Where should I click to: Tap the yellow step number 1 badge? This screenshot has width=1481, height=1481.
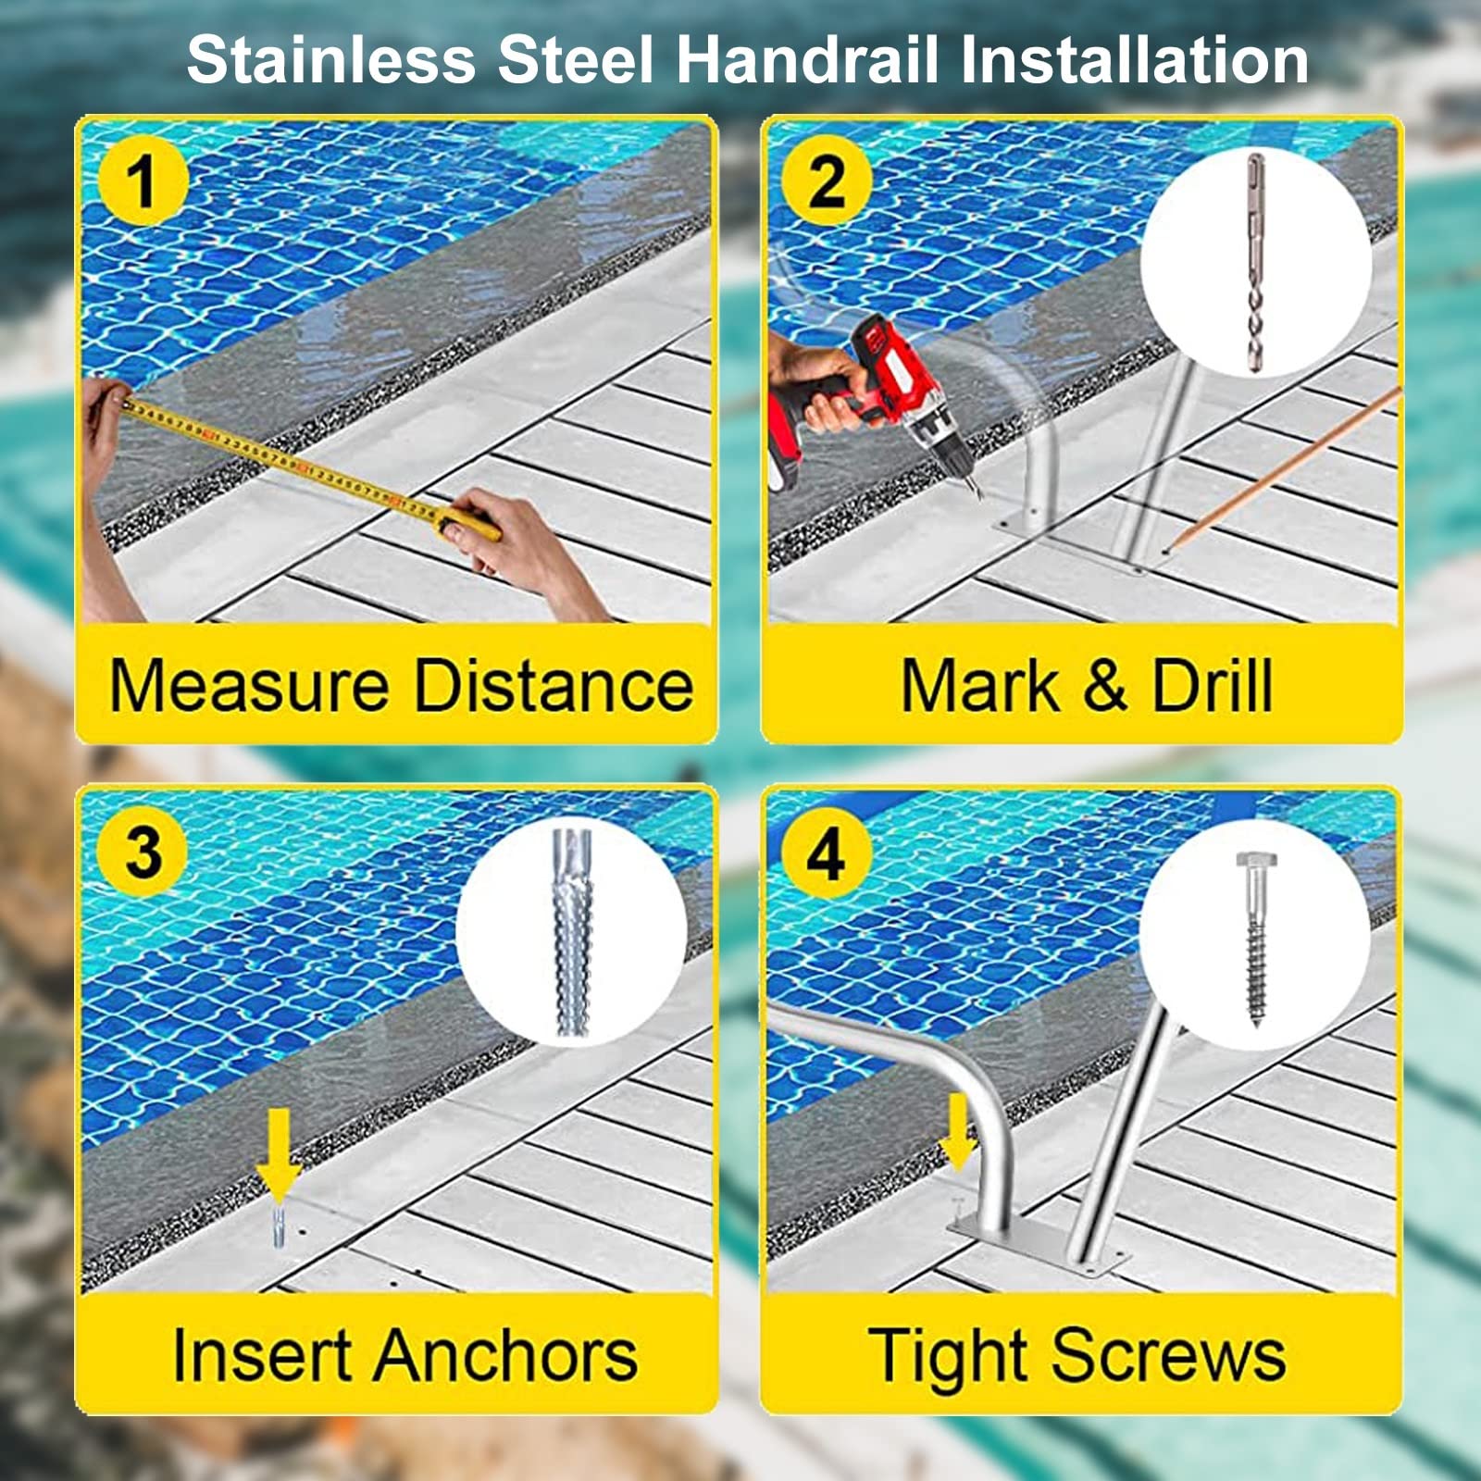point(143,180)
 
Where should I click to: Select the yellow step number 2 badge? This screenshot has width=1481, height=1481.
point(827,180)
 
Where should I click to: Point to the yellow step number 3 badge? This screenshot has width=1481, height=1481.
point(143,852)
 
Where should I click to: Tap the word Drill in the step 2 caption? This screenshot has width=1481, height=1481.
point(1212,686)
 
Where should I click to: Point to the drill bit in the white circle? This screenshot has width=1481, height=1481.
point(1255,264)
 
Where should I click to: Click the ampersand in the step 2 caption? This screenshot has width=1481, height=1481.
point(1104,686)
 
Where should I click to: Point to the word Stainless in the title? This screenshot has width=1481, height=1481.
point(330,59)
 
